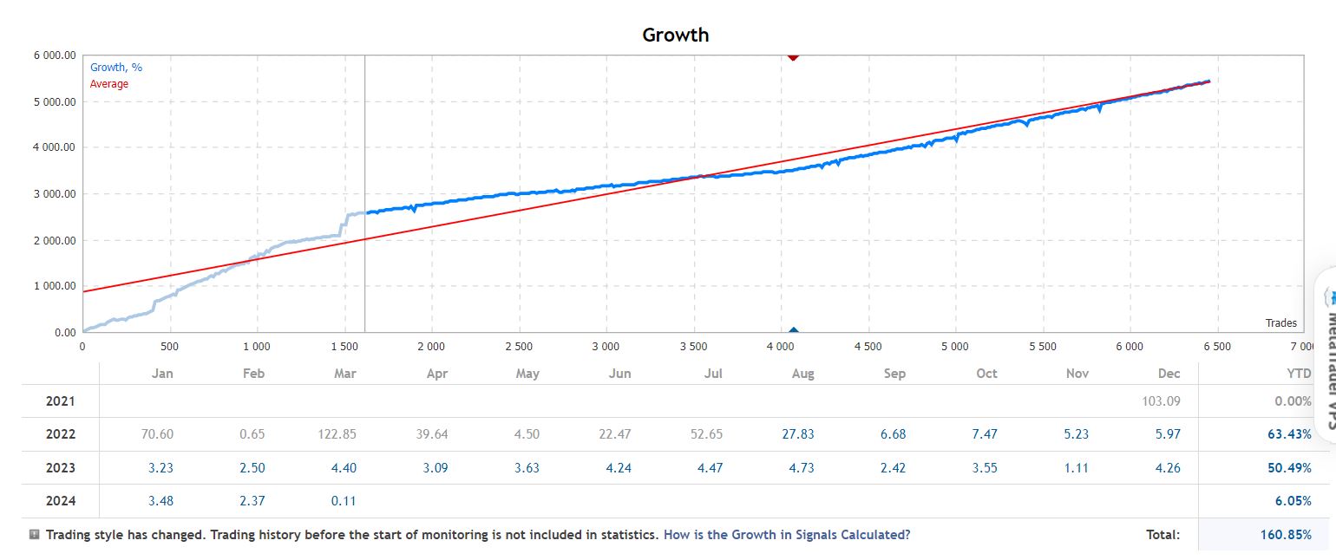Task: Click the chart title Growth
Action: [x=675, y=36]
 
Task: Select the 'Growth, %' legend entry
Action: [x=116, y=68]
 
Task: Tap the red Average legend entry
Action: [x=109, y=84]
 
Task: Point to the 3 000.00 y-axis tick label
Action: [x=53, y=193]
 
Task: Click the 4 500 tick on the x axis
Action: [x=868, y=347]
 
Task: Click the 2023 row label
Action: [x=61, y=468]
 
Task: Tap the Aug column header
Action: [x=803, y=374]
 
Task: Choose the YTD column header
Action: [x=1299, y=374]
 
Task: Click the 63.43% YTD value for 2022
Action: [x=1289, y=434]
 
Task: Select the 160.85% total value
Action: [x=1286, y=535]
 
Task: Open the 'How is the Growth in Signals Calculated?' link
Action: [x=787, y=535]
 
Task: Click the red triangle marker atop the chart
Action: [x=793, y=56]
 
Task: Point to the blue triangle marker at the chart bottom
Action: [x=793, y=330]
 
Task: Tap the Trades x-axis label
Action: [x=1280, y=323]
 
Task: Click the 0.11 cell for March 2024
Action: [x=344, y=501]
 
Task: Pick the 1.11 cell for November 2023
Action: [x=1077, y=468]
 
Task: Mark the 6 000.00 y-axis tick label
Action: [x=53, y=55]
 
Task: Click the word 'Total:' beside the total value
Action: [x=1163, y=535]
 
